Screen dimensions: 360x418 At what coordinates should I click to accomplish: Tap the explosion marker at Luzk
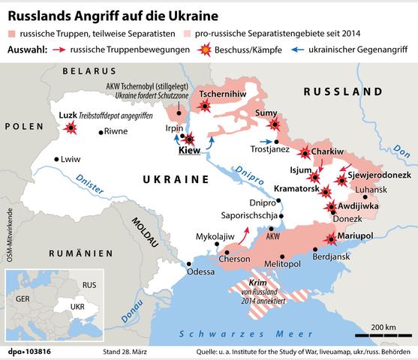72,128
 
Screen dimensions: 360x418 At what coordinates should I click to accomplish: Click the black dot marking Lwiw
57,159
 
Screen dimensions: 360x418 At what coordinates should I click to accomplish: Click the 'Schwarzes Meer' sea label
230,334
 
